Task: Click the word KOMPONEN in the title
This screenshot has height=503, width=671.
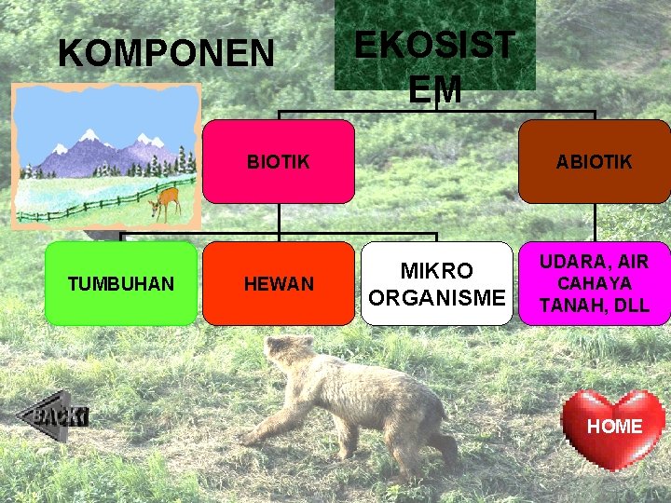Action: tap(166, 53)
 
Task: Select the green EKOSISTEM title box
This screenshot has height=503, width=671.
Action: tap(434, 47)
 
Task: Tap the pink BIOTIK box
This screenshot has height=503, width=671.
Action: tap(279, 161)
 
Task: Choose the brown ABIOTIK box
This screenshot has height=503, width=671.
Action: tap(594, 161)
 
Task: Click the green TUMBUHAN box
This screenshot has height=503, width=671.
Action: tap(120, 283)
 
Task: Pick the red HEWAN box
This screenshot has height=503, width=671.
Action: tap(279, 283)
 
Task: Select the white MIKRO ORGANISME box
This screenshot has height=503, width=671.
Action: tap(437, 283)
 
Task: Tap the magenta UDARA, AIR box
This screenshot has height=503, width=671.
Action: tap(594, 283)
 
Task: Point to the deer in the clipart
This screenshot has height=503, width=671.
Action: tap(167, 201)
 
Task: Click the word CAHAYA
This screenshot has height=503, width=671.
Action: tap(594, 283)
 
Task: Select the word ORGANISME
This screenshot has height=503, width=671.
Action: tap(437, 297)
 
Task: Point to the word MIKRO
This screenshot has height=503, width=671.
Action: tap(437, 271)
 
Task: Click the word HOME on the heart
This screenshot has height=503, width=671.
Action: tap(615, 426)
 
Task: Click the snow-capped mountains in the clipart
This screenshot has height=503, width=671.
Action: tap(93, 154)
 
